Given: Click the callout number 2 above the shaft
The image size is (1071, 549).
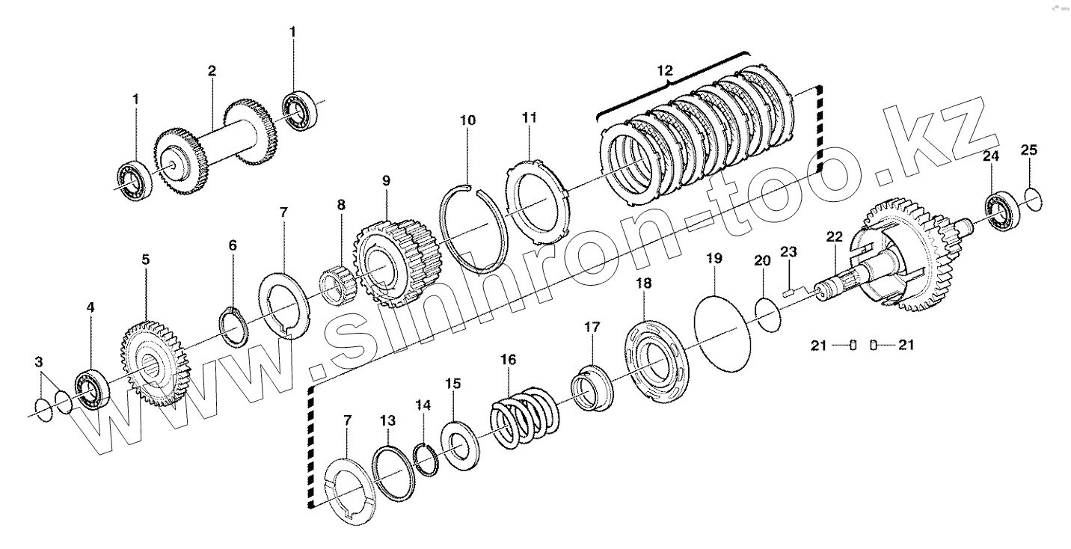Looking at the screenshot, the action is [x=212, y=71].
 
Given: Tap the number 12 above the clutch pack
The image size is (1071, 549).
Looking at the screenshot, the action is [x=665, y=71].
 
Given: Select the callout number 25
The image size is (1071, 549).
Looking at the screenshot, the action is [x=1029, y=150].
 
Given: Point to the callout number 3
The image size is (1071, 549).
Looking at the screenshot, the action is [x=39, y=362].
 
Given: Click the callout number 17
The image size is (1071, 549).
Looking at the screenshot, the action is [x=592, y=327].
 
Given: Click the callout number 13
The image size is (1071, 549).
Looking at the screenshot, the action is [x=387, y=421].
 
